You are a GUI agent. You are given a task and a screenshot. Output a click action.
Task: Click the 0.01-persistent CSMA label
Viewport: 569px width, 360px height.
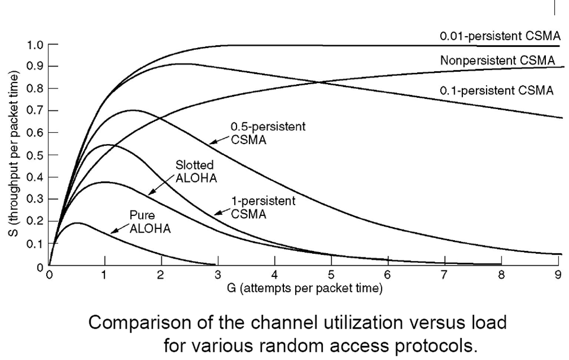pyautogui.click(x=500, y=37)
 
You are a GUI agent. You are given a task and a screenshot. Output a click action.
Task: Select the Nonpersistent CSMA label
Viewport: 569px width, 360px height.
pyautogui.click(x=497, y=60)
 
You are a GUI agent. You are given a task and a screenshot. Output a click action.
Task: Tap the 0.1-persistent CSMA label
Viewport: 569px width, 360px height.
pyautogui.click(x=496, y=91)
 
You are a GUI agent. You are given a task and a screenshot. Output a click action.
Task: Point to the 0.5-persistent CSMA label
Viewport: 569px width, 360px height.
pyautogui.click(x=267, y=133)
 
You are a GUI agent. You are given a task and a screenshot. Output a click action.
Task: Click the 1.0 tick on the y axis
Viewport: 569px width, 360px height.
pyautogui.click(x=52, y=44)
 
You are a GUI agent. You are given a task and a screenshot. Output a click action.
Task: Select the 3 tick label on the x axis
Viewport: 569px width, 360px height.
pyautogui.click(x=218, y=275)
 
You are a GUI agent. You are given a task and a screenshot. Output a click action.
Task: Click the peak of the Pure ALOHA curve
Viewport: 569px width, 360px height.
pyautogui.click(x=78, y=223)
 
